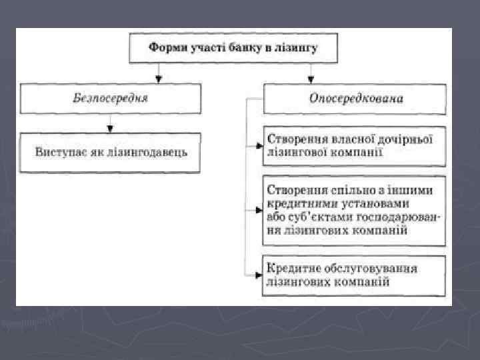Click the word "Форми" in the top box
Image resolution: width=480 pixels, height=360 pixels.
pyautogui.click(x=168, y=48)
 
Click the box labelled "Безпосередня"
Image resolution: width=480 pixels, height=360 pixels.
pyautogui.click(x=110, y=99)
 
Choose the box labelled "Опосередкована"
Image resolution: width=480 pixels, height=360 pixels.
pyautogui.click(x=355, y=99)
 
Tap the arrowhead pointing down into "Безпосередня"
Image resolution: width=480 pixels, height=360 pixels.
pyautogui.click(x=158, y=77)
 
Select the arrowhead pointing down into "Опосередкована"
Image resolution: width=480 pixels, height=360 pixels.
pyautogui.click(x=311, y=77)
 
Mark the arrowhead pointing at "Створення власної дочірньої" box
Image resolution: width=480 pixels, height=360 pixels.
pyautogui.click(x=259, y=144)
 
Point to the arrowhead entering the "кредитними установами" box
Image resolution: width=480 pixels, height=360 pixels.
pyautogui.click(x=259, y=209)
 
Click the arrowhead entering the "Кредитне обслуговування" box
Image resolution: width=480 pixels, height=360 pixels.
pyautogui.click(x=259, y=274)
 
